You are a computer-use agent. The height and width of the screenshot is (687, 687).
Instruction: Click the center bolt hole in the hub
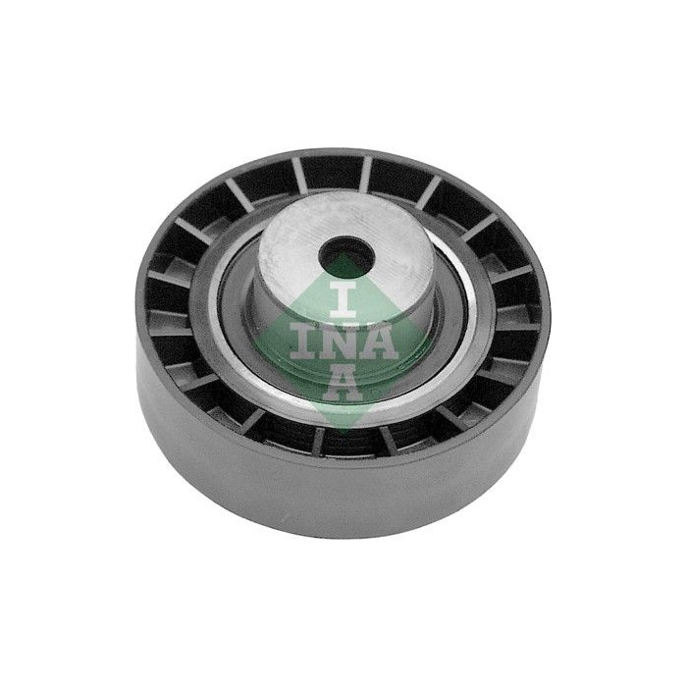pos(349,257)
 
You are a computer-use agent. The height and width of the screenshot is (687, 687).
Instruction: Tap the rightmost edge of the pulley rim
pos(551,314)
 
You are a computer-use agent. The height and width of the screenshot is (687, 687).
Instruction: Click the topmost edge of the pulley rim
pos(343,150)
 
